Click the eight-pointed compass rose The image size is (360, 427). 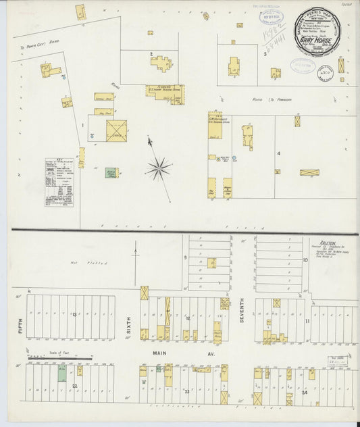click(x=159, y=168)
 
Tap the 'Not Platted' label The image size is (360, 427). click(x=80, y=262)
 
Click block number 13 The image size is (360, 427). click(x=75, y=313)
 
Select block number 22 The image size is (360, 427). click(x=75, y=386)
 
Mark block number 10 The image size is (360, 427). click(x=305, y=259)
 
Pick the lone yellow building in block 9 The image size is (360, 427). click(x=211, y=262)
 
